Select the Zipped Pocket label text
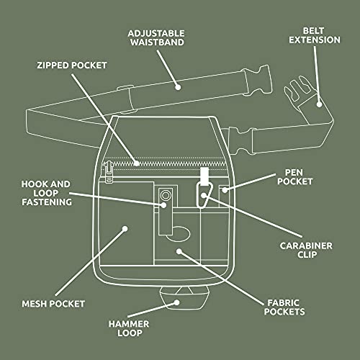72,65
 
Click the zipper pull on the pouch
109,173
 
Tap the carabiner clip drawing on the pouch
204,191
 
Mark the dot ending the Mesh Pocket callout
125,229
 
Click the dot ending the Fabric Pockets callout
179,251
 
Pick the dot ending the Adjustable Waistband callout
179,86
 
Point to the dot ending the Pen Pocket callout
224,190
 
